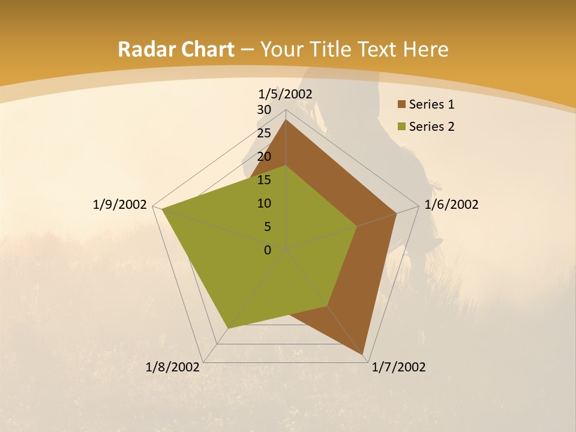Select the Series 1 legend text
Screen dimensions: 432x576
pyautogui.click(x=431, y=104)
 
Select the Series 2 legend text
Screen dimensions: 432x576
pyautogui.click(x=431, y=127)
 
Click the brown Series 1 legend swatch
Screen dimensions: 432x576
pyautogui.click(x=401, y=105)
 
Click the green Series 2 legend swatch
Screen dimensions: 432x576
pyautogui.click(x=401, y=127)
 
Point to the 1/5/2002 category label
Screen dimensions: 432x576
pyautogui.click(x=286, y=94)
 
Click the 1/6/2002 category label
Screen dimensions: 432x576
pyautogui.click(x=451, y=205)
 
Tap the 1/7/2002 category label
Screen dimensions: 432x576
pyautogui.click(x=398, y=367)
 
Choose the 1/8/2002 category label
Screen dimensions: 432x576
pyautogui.click(x=173, y=367)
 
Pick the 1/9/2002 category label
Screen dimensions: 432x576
pyautogui.click(x=120, y=205)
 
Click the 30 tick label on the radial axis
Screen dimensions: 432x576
pyautogui.click(x=264, y=110)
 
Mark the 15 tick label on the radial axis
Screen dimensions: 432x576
pyautogui.click(x=264, y=180)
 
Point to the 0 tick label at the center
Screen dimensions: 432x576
pyautogui.click(x=268, y=250)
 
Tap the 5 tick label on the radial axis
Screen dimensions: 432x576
pyautogui.click(x=268, y=227)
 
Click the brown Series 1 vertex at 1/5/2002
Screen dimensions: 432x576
pyautogui.click(x=286, y=120)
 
